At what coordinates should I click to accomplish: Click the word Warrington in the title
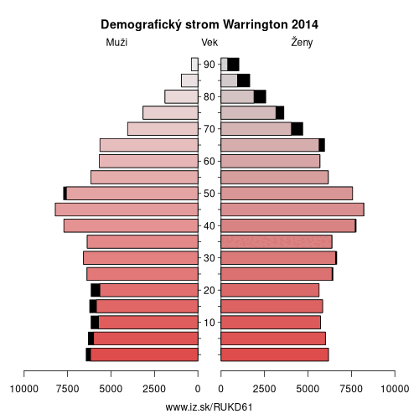pyautogui.click(x=256, y=25)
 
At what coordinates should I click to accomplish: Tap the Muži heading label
pyautogui.click(x=116, y=43)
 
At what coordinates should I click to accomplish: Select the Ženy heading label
pyautogui.click(x=302, y=42)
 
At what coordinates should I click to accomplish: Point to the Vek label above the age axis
pyautogui.click(x=209, y=43)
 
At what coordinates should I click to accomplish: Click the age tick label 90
pyautogui.click(x=209, y=65)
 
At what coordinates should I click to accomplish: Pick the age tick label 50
pyautogui.click(x=209, y=194)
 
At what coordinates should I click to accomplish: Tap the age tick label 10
pyautogui.click(x=209, y=323)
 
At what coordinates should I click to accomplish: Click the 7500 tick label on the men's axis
pyautogui.click(x=67, y=389)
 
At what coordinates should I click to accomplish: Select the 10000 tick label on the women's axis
pyautogui.click(x=395, y=389)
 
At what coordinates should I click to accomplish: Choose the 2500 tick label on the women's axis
pyautogui.click(x=264, y=389)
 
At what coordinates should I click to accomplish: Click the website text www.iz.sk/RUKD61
pyautogui.click(x=209, y=407)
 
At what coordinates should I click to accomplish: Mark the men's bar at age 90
pyautogui.click(x=194, y=65)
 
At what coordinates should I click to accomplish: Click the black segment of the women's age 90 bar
pyautogui.click(x=233, y=65)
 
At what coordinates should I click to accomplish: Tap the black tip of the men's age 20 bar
pyautogui.click(x=96, y=290)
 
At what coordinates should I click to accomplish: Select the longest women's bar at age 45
pyautogui.click(x=292, y=209)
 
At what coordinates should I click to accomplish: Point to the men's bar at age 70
pyautogui.click(x=163, y=129)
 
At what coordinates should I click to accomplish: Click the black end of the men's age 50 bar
pyautogui.click(x=65, y=194)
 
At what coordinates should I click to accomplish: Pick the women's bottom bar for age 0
pyautogui.click(x=275, y=354)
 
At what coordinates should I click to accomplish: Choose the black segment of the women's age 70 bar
pyautogui.click(x=297, y=129)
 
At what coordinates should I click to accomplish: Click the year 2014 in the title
pyautogui.click(x=305, y=25)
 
